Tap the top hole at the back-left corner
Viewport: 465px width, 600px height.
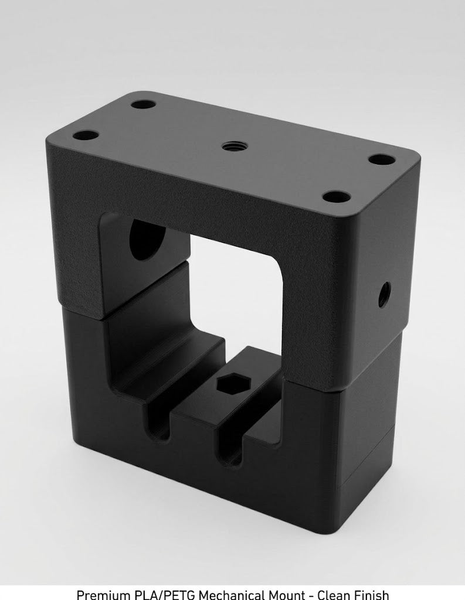143,104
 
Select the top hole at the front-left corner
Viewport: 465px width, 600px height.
86,136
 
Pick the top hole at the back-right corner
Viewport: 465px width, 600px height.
382,159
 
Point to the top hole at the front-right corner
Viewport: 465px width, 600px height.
337,197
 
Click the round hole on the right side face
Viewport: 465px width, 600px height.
384,295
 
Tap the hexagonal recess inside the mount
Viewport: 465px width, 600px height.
229,383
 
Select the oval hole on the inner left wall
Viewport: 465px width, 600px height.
147,239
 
